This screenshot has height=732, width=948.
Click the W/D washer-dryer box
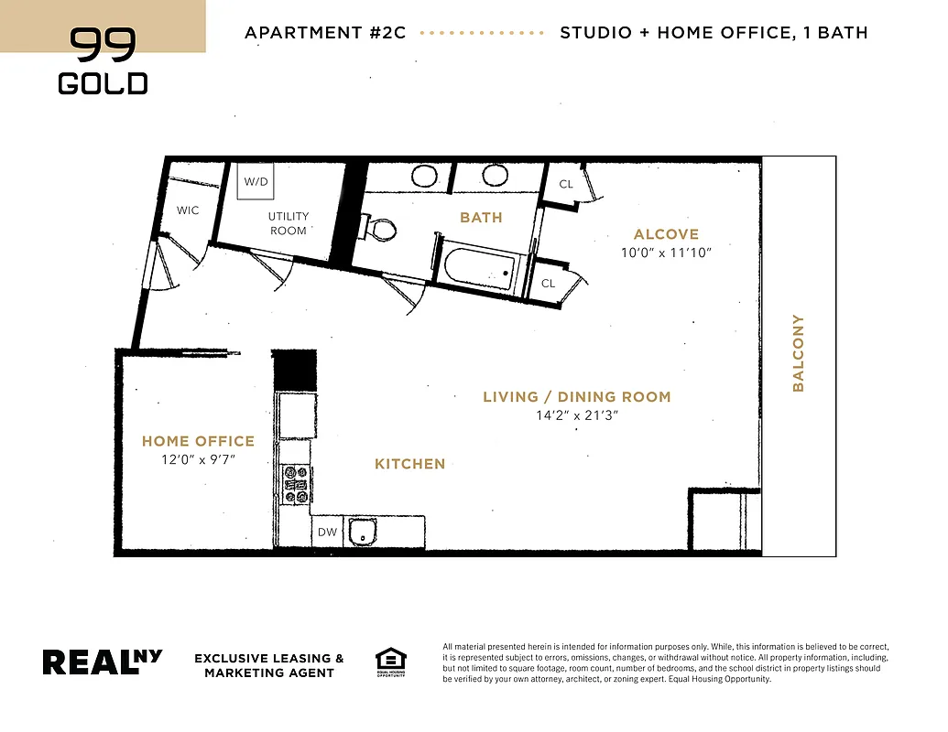pos(256,181)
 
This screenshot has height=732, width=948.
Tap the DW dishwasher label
pos(327,533)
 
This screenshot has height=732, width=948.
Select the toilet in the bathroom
pos(378,228)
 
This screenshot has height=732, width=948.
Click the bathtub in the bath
pos(477,268)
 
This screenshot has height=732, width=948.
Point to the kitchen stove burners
pos(296,485)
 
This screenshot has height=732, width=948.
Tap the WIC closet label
pos(188,210)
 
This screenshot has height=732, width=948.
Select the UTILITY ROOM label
pos(289,223)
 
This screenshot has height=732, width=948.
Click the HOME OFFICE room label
pos(198,441)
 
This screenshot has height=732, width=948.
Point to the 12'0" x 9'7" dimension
pos(198,459)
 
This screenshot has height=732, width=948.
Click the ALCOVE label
pos(666,234)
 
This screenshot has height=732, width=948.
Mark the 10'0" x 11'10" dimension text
pos(666,253)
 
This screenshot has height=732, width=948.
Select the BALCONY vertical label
pos(798,353)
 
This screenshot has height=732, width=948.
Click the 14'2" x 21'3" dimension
pos(577,415)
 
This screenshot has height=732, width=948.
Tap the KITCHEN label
pos(409,464)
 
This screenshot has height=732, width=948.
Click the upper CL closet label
pos(566,184)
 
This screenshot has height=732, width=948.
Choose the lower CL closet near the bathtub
pos(548,284)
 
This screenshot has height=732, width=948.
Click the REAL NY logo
pos(103,662)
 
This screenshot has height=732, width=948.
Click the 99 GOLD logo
pos(103,61)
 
